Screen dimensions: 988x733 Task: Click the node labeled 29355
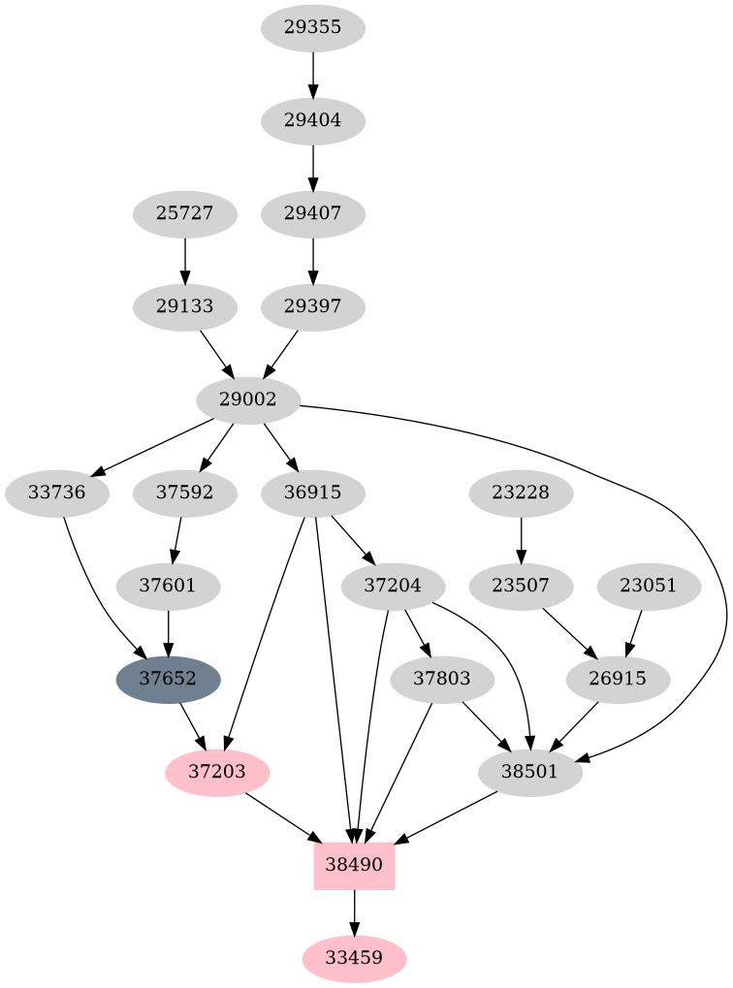tap(313, 27)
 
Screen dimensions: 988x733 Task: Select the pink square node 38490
tap(354, 865)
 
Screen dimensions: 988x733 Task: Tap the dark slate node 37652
tap(169, 679)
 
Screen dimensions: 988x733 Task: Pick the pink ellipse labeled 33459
tap(354, 958)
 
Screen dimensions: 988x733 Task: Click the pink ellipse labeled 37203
tap(217, 772)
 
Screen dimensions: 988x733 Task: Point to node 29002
tap(248, 399)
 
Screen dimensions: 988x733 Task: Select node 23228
tap(522, 493)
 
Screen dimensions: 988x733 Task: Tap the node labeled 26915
tap(618, 679)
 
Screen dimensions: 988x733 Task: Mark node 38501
tap(530, 772)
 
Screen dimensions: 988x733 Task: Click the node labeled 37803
tap(441, 679)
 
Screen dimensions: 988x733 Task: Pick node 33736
tap(57, 493)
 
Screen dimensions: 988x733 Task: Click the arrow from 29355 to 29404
tap(313, 74)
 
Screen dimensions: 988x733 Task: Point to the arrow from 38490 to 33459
tap(354, 911)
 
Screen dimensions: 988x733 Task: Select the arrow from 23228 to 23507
tap(522, 539)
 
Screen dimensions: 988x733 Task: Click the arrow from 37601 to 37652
tap(169, 632)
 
